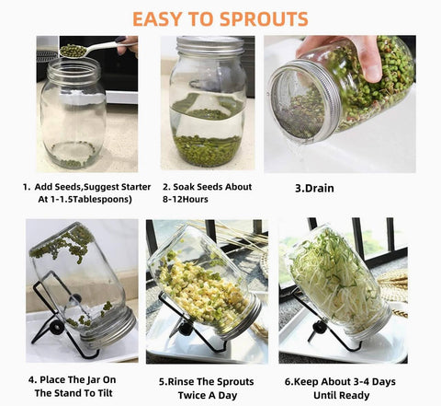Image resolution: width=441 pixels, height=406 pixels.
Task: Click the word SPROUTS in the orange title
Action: click(264, 19)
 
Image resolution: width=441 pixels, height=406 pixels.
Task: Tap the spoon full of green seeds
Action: click(92, 50)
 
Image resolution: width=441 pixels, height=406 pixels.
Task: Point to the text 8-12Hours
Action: click(186, 199)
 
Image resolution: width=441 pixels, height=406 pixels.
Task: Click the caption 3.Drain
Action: click(314, 188)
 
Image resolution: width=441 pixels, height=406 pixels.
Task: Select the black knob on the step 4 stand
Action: click(57, 328)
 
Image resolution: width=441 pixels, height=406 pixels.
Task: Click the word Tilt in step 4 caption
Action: click(105, 393)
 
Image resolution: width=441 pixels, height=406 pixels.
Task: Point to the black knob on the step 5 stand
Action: click(186, 329)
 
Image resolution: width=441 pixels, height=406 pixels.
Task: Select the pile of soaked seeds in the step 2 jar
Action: click(208, 150)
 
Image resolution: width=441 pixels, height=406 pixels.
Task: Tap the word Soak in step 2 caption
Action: click(184, 187)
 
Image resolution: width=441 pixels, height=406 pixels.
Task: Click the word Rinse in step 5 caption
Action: click(181, 382)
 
